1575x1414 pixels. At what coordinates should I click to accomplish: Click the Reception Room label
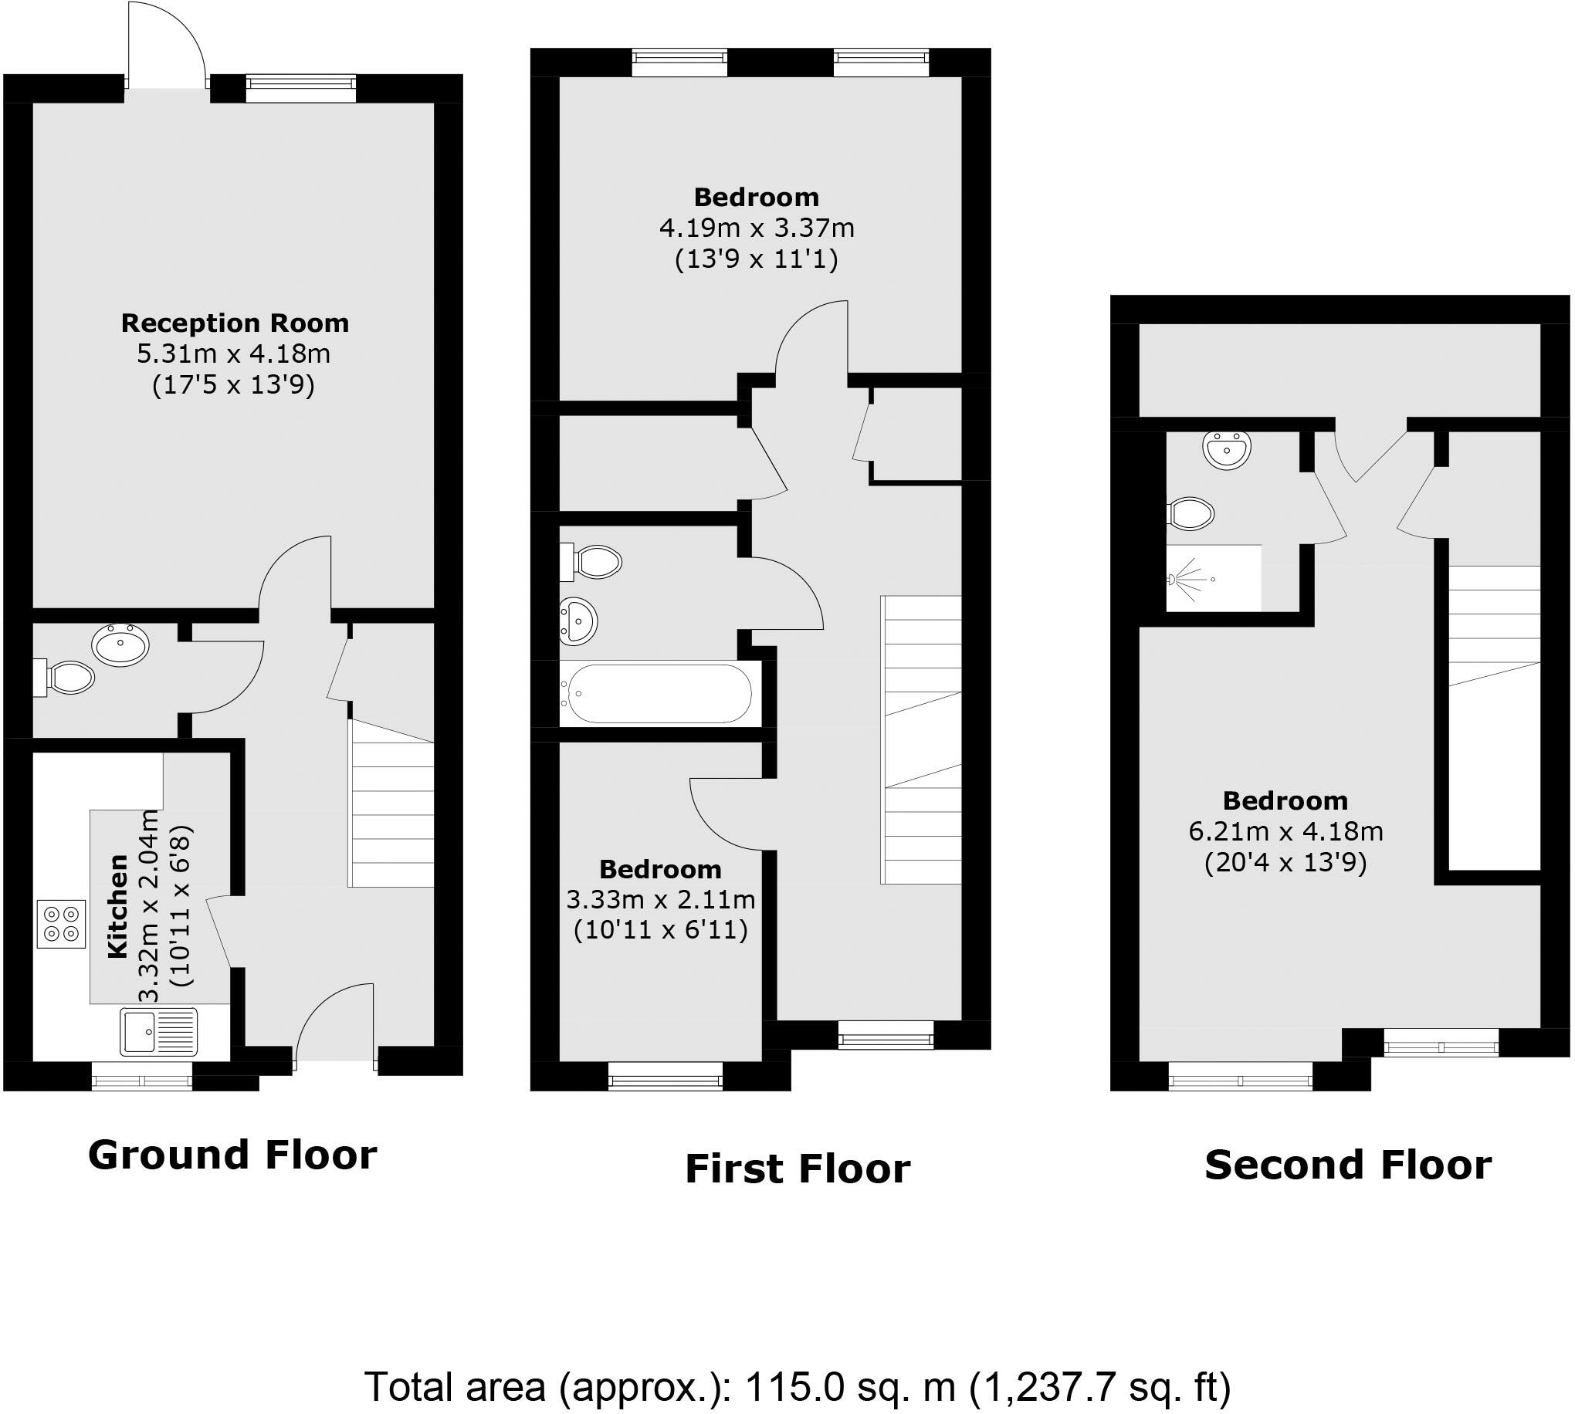[x=235, y=323]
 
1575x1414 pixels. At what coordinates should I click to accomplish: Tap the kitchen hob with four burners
[x=61, y=924]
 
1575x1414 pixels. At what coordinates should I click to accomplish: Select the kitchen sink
[x=158, y=1031]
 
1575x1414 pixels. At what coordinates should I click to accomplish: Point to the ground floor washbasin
[x=120, y=644]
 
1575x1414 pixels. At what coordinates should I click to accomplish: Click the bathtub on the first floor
[x=659, y=693]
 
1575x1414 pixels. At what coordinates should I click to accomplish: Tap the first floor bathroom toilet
[x=596, y=562]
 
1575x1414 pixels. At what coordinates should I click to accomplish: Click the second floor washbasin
[x=1226, y=449]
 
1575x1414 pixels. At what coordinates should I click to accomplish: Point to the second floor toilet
[x=1191, y=513]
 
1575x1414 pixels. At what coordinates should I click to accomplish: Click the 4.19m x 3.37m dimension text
[x=757, y=228]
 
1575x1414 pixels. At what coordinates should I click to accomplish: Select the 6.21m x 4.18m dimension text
[x=1286, y=831]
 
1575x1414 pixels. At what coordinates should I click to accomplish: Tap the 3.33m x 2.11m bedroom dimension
[x=660, y=900]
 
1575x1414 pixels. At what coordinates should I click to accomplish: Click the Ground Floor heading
[x=232, y=1155]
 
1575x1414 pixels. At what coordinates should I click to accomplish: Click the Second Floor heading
[x=1348, y=1165]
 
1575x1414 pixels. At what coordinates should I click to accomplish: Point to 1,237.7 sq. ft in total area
[x=1100, y=1388]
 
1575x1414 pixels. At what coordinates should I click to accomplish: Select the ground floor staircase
[x=391, y=804]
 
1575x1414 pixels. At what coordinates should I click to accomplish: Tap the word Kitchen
[x=117, y=906]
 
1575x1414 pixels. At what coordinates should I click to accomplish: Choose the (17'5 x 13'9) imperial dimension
[x=233, y=384]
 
